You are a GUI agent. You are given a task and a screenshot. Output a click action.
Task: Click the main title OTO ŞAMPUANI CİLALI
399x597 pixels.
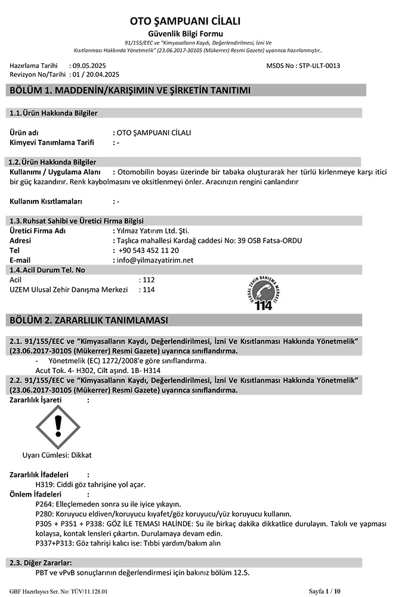tap(185, 21)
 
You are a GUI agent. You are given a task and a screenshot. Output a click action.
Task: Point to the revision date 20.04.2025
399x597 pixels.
tap(100, 75)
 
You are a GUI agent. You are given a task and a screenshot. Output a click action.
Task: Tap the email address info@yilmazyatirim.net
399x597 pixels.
tap(156, 260)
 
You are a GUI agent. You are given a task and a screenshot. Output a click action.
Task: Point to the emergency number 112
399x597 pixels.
tap(149, 279)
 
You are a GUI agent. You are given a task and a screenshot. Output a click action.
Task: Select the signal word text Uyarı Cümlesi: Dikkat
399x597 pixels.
tap(57, 455)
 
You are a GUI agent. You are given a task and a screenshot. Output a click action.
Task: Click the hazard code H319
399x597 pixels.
tap(45, 484)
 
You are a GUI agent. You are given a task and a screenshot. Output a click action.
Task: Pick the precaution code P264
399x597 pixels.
tap(45, 504)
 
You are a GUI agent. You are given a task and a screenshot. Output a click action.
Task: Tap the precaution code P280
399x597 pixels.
tap(45, 513)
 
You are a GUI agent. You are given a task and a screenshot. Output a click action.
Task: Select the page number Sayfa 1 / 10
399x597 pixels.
tap(324, 591)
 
